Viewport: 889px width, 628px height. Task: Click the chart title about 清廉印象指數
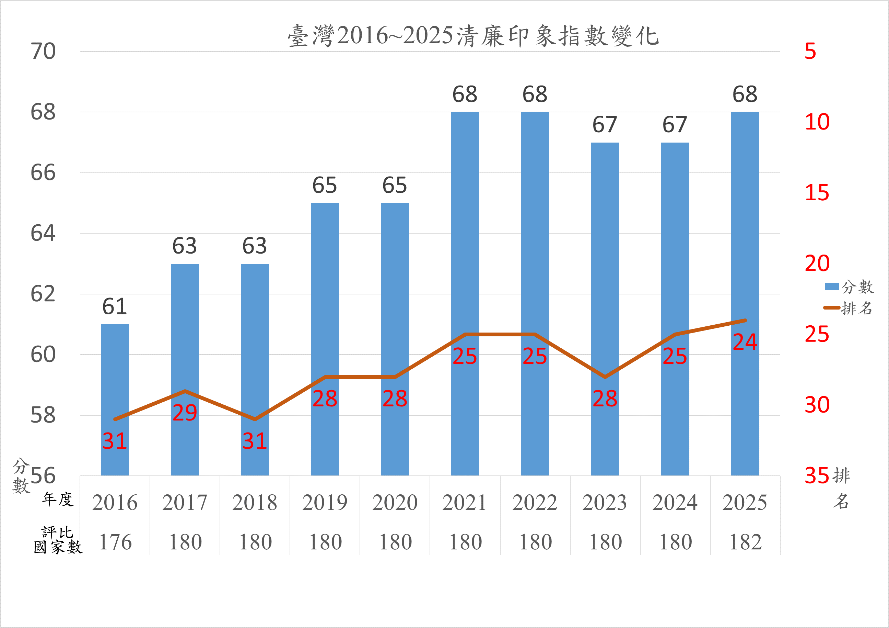pyautogui.click(x=473, y=36)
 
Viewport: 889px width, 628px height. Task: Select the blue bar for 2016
pyautogui.click(x=115, y=399)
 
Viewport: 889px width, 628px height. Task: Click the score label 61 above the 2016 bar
pyautogui.click(x=115, y=307)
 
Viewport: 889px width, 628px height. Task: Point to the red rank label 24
pyautogui.click(x=745, y=342)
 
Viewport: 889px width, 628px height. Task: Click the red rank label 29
pyautogui.click(x=185, y=413)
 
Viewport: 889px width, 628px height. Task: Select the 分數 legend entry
pyautogui.click(x=850, y=287)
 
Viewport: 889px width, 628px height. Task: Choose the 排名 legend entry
pyautogui.click(x=849, y=308)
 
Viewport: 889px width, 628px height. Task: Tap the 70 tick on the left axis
pyautogui.click(x=43, y=51)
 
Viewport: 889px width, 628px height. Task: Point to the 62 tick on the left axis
pyautogui.click(x=43, y=294)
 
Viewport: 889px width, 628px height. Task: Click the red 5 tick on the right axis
pyautogui.click(x=810, y=51)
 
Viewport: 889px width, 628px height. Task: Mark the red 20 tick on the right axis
pyautogui.click(x=817, y=263)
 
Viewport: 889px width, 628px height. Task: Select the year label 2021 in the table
pyautogui.click(x=465, y=503)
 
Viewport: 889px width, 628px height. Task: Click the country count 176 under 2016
pyautogui.click(x=115, y=542)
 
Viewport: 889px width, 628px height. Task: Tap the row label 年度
pyautogui.click(x=58, y=499)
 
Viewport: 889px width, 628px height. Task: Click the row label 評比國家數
pyautogui.click(x=58, y=540)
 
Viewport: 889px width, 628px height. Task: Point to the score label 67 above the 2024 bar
pyautogui.click(x=675, y=125)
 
